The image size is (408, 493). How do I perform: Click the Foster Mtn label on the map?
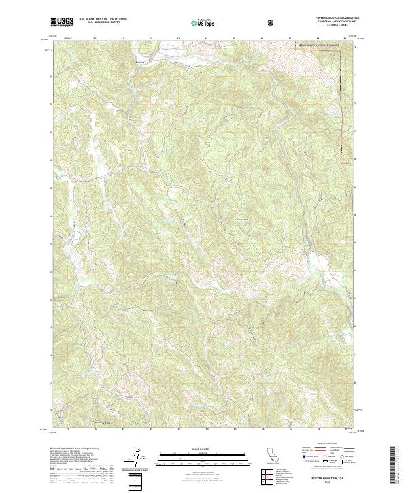(243, 219)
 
